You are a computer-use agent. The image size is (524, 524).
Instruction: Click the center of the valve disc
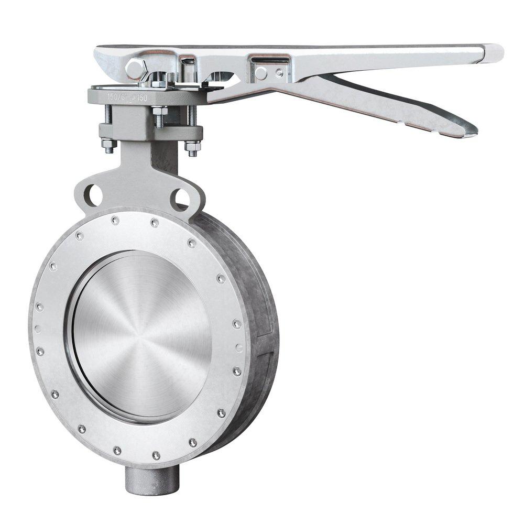140,335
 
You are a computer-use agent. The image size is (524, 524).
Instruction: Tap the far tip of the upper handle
495,52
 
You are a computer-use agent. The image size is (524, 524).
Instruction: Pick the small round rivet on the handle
280,73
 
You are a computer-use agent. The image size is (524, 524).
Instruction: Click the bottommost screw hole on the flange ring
156,456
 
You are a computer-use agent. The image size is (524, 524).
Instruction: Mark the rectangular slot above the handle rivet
270,59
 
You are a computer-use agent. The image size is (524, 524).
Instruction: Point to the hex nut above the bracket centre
159,112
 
